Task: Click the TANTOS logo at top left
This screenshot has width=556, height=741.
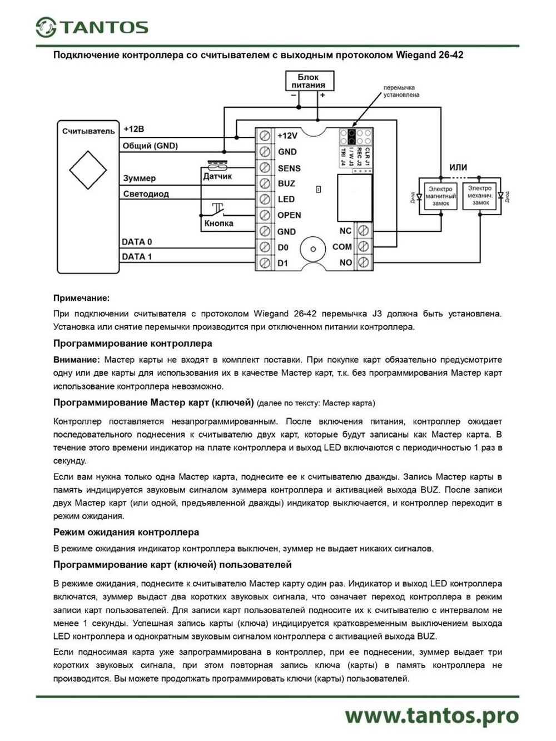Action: [92, 27]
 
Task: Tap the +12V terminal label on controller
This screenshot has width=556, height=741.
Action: [287, 136]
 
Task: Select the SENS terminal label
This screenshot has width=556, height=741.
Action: [289, 168]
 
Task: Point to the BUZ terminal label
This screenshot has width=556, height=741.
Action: [286, 183]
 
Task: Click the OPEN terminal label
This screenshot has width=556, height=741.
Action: [289, 215]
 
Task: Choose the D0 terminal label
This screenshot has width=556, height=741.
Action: [282, 247]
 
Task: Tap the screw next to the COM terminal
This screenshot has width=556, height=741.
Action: [363, 246]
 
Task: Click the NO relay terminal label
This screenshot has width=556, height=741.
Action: [345, 262]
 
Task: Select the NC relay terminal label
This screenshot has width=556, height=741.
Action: [345, 231]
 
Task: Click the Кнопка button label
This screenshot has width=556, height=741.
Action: [219, 223]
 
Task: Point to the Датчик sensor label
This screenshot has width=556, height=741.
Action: [217, 177]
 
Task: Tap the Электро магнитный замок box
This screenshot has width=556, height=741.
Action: [440, 196]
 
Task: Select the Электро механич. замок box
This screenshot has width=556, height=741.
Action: [480, 196]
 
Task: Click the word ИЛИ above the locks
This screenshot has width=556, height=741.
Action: [458, 167]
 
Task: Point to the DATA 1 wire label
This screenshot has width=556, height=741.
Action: [137, 257]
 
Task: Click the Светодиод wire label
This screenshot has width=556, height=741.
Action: [146, 194]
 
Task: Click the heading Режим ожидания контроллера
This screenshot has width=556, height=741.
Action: [126, 532]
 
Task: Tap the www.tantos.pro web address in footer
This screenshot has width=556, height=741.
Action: [431, 716]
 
